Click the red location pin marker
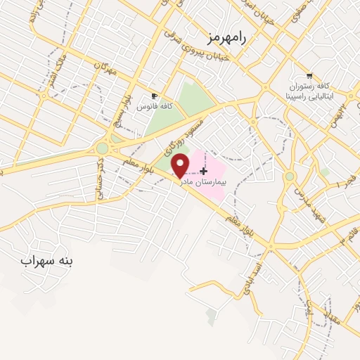point(181,165)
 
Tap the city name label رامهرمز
point(227,37)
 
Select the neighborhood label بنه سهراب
point(46,262)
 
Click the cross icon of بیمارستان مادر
point(204,171)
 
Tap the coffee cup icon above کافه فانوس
point(155,96)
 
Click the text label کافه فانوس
point(155,106)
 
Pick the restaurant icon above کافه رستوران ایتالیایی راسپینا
point(309,75)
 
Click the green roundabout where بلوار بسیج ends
point(103,148)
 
